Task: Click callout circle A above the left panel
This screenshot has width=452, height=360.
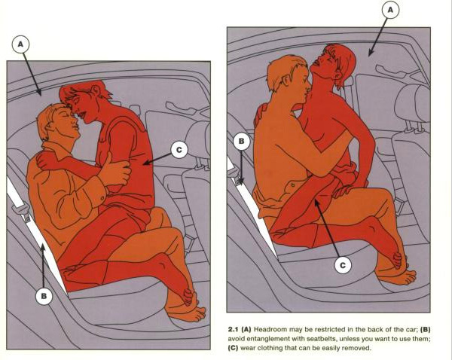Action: [20, 44]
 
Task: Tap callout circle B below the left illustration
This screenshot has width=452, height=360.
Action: [44, 296]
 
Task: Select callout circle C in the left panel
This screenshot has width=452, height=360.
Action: [179, 150]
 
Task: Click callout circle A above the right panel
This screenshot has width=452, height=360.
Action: [390, 10]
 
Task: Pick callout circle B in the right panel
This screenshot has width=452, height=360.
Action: [242, 142]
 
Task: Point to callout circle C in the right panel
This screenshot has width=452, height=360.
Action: [343, 265]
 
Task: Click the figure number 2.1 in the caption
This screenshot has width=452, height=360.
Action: [234, 329]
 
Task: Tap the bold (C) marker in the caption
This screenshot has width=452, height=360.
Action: [234, 348]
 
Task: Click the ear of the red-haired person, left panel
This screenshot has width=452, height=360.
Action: [95, 90]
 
